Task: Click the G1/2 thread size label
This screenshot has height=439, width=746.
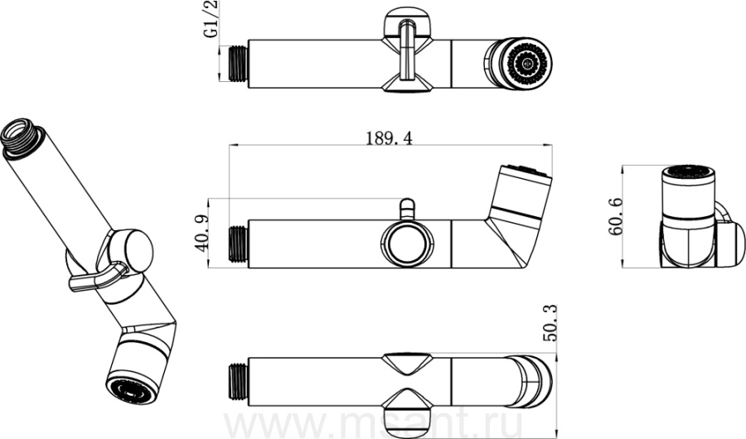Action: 211,20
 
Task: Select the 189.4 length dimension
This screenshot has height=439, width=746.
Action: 390,138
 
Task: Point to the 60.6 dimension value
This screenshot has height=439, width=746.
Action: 615,216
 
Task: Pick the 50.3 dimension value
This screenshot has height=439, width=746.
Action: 550,323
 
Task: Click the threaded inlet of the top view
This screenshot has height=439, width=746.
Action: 238,63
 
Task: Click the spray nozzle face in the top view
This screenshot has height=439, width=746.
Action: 528,63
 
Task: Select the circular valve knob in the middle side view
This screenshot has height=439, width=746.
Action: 408,244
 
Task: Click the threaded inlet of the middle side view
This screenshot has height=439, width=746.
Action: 239,244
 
